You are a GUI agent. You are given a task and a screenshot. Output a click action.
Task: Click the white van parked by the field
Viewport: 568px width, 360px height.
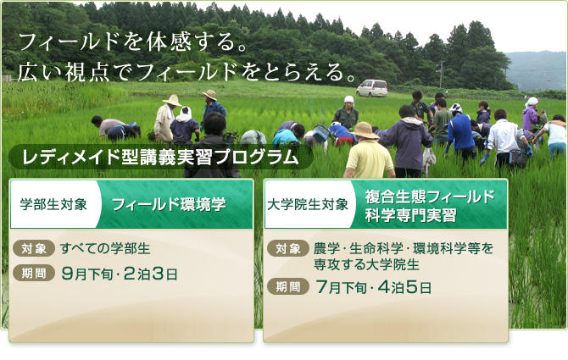tap(372, 88)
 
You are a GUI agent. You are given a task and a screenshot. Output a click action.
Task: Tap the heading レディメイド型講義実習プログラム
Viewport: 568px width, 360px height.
tap(160, 158)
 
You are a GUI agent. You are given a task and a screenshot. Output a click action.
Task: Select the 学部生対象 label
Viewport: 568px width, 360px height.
tap(53, 204)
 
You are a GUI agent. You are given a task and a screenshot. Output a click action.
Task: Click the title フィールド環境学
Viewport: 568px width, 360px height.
tap(169, 204)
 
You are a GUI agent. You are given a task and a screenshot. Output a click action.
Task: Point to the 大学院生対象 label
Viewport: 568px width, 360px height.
tap(308, 204)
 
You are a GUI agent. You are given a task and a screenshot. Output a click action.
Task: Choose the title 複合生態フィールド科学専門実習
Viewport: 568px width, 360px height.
tap(430, 206)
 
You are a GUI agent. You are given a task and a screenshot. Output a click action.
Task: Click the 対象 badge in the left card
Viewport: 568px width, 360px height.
tap(34, 248)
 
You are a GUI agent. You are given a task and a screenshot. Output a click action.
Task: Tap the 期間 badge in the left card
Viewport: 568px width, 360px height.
tap(34, 273)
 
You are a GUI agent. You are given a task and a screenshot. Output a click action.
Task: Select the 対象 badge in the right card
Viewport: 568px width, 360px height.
tap(288, 248)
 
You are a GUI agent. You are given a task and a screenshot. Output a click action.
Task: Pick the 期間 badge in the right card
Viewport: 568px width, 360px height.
tap(288, 287)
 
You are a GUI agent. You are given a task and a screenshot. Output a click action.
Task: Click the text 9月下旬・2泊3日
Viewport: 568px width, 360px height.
tap(120, 274)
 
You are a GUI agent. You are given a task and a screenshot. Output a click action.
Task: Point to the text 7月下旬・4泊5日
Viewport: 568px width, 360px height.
tap(374, 288)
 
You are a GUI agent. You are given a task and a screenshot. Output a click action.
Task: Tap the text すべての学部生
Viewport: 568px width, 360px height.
tap(105, 248)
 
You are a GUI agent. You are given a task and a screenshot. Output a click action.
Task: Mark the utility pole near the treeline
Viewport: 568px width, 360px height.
tap(441, 75)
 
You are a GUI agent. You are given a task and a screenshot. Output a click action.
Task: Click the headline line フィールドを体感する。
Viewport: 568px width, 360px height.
tap(132, 42)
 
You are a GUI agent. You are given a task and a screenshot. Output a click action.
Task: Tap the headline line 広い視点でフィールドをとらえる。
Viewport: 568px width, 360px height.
tap(186, 72)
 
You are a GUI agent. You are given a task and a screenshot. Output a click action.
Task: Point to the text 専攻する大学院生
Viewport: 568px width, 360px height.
tap(366, 264)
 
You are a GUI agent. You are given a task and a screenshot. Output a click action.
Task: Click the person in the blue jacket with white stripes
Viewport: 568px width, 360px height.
tap(460, 132)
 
